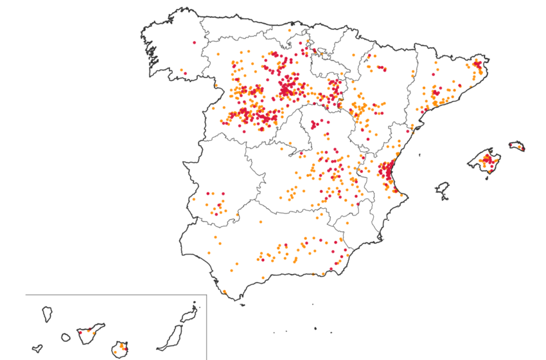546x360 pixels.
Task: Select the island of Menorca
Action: pos(517,146)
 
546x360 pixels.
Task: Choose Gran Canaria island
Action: pos(120,350)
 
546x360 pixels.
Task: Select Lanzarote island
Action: pos(188,314)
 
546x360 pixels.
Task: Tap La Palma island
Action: pos(47,314)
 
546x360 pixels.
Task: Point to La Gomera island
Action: pos(65,337)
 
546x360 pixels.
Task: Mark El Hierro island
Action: pos(37,349)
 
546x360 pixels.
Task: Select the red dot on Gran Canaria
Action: pos(126,350)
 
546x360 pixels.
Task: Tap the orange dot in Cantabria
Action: pos(290,30)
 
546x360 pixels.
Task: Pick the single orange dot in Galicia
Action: pos(182,70)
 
